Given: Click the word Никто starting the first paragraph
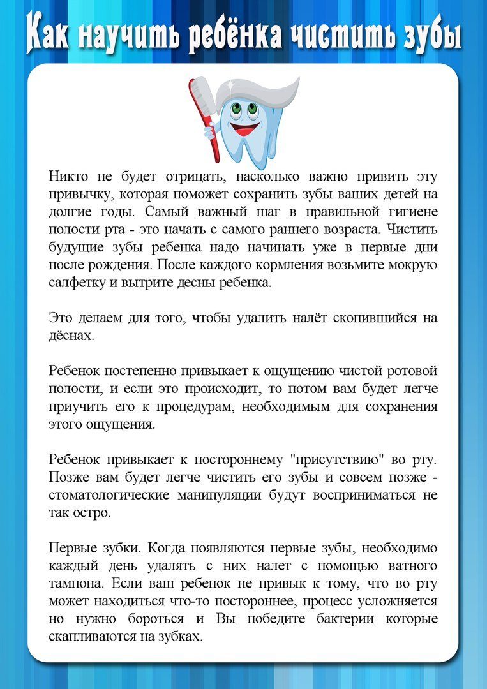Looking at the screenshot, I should (x=69, y=177).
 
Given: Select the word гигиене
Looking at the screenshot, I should (x=409, y=211).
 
